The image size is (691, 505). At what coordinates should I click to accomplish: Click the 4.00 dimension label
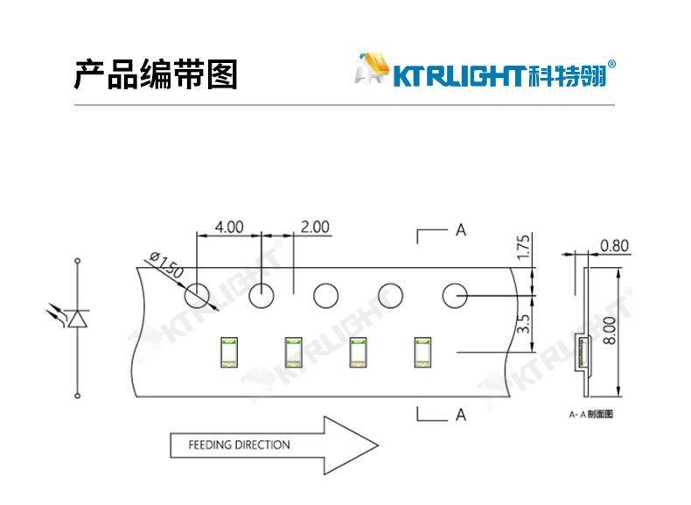(x=228, y=228)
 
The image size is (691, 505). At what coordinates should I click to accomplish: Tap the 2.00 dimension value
(x=315, y=228)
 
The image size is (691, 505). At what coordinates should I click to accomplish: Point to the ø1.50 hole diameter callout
(x=166, y=264)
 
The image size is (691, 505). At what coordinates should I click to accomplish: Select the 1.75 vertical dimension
(x=523, y=247)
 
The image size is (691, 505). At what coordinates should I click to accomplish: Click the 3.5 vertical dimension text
(x=523, y=323)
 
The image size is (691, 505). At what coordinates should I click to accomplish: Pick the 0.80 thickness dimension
(x=614, y=246)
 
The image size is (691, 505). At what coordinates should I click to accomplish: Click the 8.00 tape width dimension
(x=610, y=330)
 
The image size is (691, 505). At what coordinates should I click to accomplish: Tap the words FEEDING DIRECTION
(x=240, y=445)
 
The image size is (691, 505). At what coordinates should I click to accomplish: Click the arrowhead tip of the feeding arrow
(x=378, y=445)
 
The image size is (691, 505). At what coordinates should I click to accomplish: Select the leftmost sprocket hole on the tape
(x=197, y=296)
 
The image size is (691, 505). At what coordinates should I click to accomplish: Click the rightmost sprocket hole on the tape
(x=455, y=296)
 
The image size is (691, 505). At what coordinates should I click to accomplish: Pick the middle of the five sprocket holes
(x=326, y=296)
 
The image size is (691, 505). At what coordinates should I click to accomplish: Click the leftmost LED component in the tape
(x=228, y=353)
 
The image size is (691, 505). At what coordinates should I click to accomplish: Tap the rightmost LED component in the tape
(x=423, y=353)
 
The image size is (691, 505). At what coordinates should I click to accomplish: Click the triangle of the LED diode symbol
(x=78, y=319)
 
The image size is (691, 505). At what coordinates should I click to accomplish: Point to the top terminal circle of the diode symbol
(x=78, y=261)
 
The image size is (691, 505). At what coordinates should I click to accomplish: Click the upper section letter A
(x=460, y=230)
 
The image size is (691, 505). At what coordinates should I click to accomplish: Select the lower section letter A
(x=460, y=415)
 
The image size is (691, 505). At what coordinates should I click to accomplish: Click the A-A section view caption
(x=591, y=414)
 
